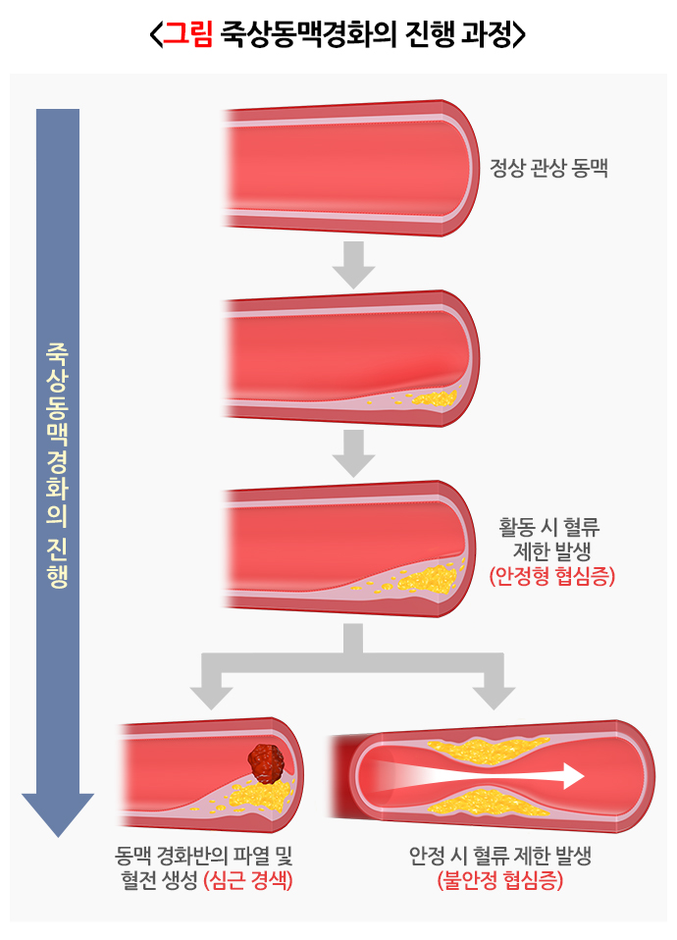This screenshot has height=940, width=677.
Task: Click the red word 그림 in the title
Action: [x=187, y=35]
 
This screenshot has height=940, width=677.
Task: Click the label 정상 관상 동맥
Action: [x=549, y=167]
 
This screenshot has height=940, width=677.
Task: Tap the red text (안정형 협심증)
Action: [x=551, y=577]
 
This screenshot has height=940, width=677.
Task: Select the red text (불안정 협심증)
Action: [x=500, y=880]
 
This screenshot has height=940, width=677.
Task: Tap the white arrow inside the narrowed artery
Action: [x=491, y=776]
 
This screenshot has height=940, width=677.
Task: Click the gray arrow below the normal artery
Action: [x=353, y=265]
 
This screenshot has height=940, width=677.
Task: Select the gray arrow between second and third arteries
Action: [x=353, y=452]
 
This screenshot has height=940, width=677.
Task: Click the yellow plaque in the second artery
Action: [x=436, y=398]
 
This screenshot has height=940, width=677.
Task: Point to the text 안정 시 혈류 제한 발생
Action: [x=500, y=856]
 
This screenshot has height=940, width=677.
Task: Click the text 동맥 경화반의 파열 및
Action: [x=204, y=856]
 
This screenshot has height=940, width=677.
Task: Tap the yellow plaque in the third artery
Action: [x=432, y=579]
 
